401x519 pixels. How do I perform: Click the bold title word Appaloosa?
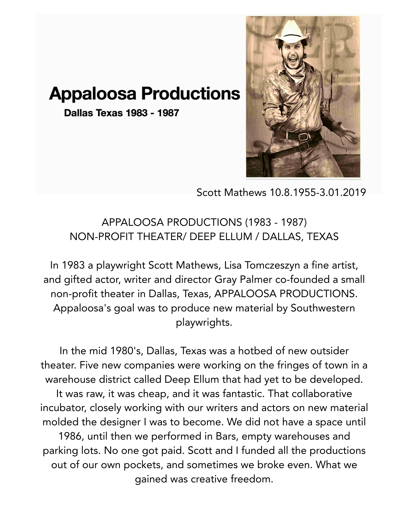(x=92, y=94)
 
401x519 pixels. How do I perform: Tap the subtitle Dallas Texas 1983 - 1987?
(x=121, y=113)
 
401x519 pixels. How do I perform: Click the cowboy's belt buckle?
(x=302, y=136)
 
